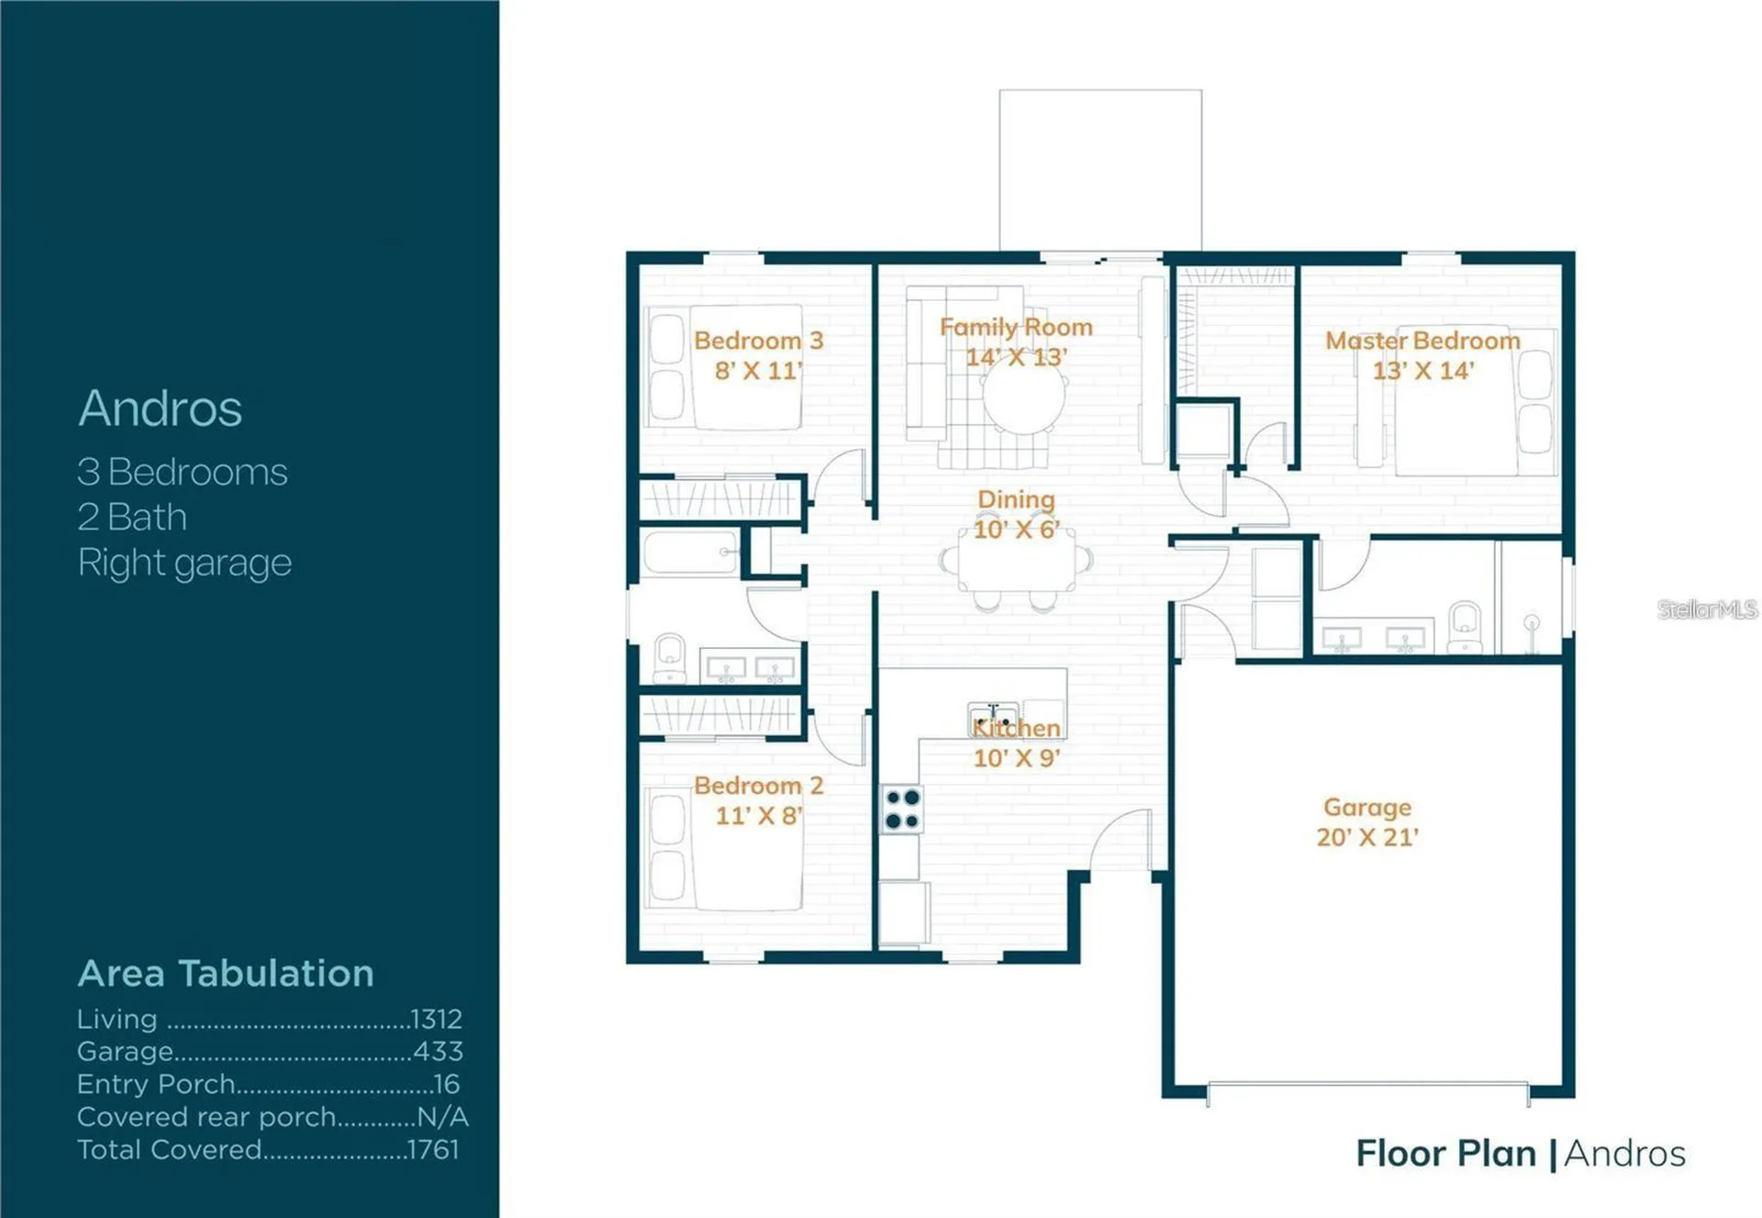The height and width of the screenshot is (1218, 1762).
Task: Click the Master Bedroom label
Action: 1422,341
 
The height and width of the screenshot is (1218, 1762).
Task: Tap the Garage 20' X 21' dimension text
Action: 1367,837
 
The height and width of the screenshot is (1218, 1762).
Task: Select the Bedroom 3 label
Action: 758,341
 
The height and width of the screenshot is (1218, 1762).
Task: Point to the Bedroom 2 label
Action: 758,786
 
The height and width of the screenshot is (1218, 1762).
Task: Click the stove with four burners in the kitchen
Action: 901,810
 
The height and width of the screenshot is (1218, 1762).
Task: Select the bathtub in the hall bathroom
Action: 690,553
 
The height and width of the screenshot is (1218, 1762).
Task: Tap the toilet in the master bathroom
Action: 1465,627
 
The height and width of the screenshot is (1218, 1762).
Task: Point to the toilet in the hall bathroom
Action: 670,657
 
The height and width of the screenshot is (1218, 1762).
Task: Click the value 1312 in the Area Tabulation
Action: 436,1019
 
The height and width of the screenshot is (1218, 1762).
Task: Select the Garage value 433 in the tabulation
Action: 438,1051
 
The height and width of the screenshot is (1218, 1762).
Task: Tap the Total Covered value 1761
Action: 433,1149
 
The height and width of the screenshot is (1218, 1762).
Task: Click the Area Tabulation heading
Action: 226,973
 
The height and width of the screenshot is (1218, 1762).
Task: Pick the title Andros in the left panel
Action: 161,408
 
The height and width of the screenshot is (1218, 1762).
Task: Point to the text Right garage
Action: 184,563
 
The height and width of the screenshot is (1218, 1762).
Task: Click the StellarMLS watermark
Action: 1707,609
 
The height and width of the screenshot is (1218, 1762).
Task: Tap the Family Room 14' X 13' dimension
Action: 1016,356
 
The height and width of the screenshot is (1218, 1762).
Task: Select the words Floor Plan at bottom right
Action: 1446,1154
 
